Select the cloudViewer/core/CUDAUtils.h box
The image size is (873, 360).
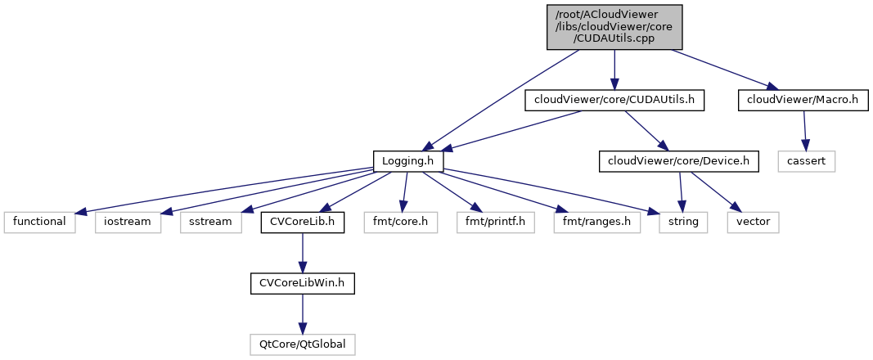614,100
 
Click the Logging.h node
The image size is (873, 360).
408,161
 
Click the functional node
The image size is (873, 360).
39,222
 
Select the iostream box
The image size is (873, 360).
128,222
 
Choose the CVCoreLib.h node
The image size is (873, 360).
302,222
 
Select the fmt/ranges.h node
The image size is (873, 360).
584,222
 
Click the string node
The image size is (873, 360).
682,222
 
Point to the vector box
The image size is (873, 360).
753,222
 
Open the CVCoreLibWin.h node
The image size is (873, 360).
302,283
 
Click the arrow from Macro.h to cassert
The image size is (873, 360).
805,131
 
